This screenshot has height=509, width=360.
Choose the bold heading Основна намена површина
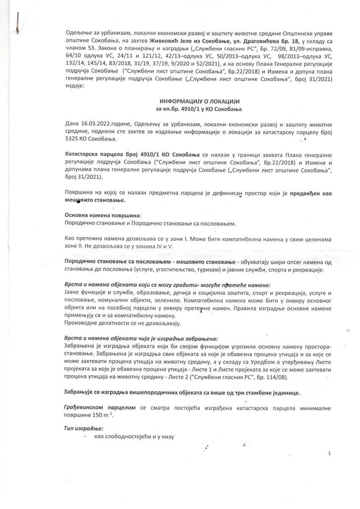point(103,215)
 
